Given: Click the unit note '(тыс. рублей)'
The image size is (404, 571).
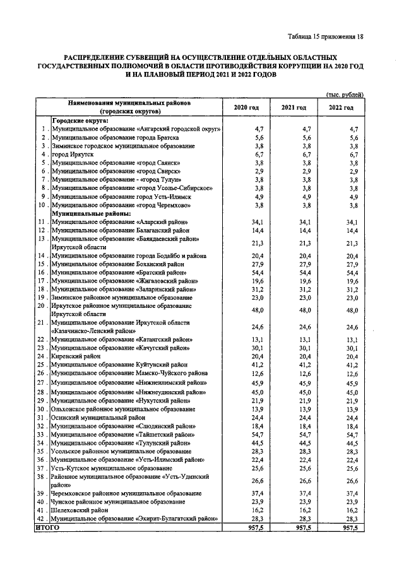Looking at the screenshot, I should coord(345,94).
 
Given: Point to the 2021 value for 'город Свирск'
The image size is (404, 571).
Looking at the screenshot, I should coord(306,171).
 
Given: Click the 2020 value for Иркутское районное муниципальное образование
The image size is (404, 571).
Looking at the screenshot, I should coord(258,310).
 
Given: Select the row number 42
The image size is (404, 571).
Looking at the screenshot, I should coord(42,519).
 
